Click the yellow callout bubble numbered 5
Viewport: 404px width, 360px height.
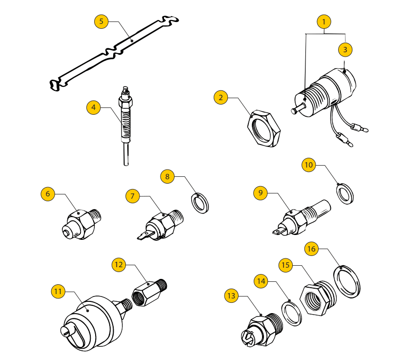click(x=101, y=21)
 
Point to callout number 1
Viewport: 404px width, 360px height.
click(x=324, y=21)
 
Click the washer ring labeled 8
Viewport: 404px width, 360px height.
click(x=200, y=203)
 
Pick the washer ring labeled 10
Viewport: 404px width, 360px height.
click(x=346, y=193)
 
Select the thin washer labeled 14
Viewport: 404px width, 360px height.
click(x=292, y=313)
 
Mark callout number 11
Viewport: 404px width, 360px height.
click(x=58, y=292)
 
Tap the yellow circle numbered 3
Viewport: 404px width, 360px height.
click(x=345, y=49)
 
